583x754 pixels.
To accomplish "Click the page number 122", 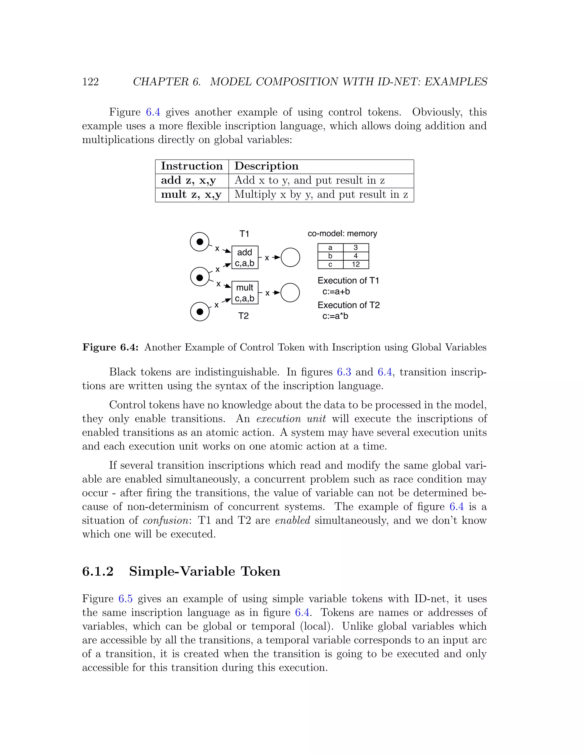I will click(91, 82).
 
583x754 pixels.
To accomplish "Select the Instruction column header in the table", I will click(192, 166).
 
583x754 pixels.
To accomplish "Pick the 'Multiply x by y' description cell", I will click(321, 195).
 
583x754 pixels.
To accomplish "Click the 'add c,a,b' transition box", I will click(245, 257).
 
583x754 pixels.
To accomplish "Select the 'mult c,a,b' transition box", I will click(245, 293).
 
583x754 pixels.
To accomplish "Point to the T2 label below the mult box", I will click(243, 316).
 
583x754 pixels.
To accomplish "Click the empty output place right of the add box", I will click(290, 257).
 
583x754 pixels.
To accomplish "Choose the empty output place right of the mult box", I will click(290, 293).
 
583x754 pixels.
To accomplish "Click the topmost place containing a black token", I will click(200, 242).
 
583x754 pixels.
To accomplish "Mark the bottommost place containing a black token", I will click(200, 311).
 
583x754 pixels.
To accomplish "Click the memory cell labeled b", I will click(330, 256).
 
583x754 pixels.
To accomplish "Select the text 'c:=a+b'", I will click(336, 292).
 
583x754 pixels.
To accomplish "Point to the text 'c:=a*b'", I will click(335, 316).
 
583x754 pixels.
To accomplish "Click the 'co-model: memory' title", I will click(342, 234).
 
